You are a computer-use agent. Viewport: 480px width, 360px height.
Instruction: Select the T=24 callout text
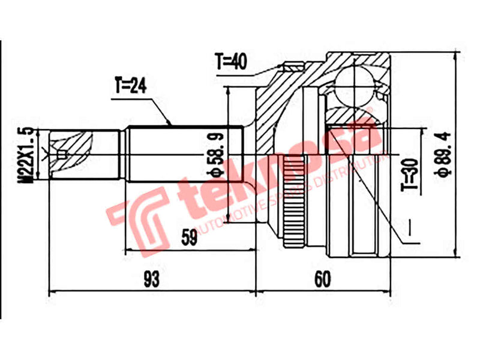[x=130, y=86]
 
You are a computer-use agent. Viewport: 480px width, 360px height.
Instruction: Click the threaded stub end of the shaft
[x=72, y=155]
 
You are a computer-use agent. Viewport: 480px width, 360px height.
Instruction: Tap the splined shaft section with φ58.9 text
[x=180, y=154]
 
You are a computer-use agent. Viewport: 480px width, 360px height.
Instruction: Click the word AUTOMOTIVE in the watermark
[x=234, y=221]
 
